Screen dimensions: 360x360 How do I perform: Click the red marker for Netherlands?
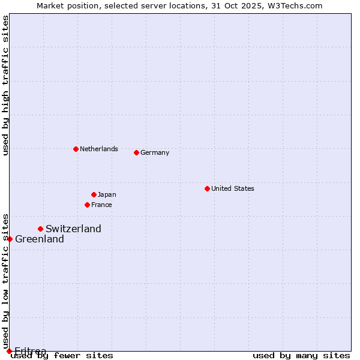[x=76, y=149]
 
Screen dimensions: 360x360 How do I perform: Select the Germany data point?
[x=136, y=152]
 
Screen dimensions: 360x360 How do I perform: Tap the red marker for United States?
[x=207, y=188]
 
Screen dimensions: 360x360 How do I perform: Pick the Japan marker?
[x=94, y=194]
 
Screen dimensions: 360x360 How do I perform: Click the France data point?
[x=87, y=205]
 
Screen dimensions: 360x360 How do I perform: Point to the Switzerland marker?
[x=40, y=229]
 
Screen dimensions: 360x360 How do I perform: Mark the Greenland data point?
[x=10, y=239]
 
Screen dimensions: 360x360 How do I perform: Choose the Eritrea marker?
[x=9, y=351]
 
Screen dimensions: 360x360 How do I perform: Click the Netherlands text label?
[x=99, y=149]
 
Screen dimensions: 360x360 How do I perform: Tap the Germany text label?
[x=155, y=152]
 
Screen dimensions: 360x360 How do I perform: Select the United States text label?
[x=233, y=188]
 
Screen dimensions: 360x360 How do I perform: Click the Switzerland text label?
[x=73, y=229]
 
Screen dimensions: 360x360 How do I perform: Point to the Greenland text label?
[x=40, y=239]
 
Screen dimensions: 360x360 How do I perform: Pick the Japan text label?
[x=107, y=194]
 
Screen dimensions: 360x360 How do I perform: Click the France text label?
[x=101, y=205]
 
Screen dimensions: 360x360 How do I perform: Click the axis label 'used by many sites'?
[x=301, y=355]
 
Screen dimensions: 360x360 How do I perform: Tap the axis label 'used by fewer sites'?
[x=62, y=355]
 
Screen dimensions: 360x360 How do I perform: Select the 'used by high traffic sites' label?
[x=5, y=85]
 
